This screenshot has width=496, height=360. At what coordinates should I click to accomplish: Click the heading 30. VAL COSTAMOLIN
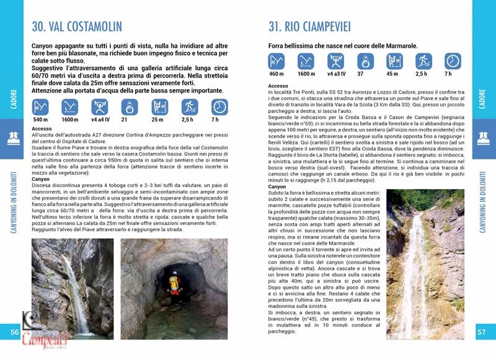[77, 27]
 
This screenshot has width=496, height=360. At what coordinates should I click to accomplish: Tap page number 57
[481, 332]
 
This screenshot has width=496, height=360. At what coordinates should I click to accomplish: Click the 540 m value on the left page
[40, 120]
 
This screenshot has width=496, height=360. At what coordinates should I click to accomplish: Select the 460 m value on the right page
[277, 74]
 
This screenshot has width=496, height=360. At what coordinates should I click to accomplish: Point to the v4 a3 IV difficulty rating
[335, 74]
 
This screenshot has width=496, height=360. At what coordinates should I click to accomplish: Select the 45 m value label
[392, 74]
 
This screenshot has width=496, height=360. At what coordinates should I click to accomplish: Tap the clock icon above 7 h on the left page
[219, 107]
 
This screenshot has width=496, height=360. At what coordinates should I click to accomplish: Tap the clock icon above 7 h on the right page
[453, 61]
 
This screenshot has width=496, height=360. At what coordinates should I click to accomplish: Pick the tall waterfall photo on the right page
[425, 263]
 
